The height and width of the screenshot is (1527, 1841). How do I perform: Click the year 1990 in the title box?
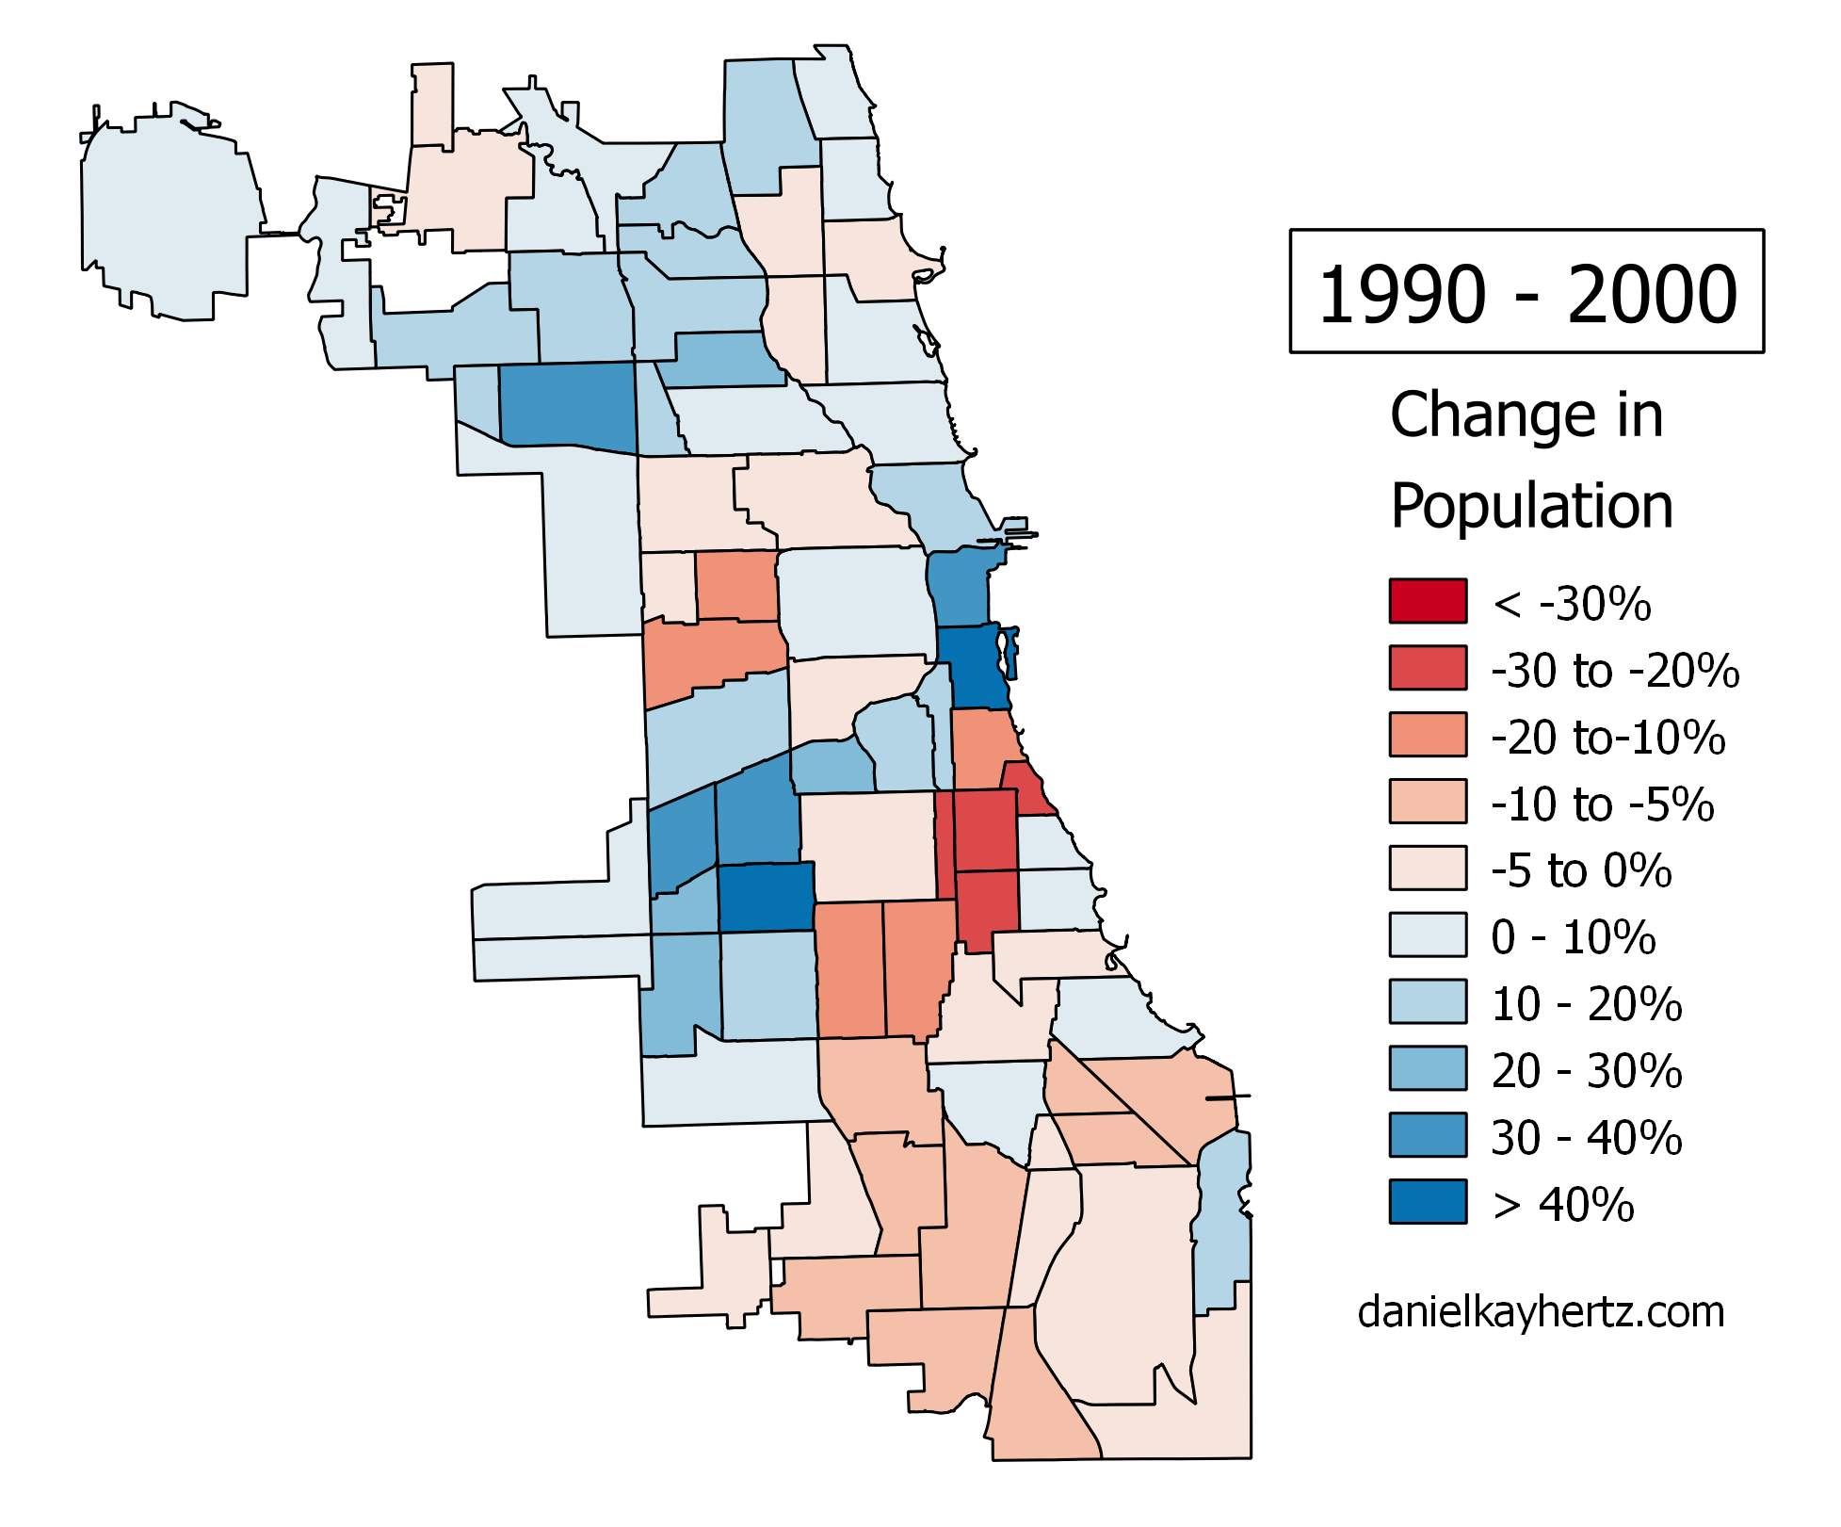coord(1401,295)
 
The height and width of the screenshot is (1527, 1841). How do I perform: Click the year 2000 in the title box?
coord(1652,295)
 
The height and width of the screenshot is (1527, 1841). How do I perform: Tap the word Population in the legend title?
coord(1531,506)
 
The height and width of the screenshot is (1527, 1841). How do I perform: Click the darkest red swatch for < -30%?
coord(1428,601)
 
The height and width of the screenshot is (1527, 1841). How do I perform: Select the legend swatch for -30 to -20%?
coord(1428,668)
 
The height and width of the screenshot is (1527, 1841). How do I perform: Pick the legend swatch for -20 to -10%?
coord(1428,735)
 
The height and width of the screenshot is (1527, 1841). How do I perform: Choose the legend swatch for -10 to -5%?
coord(1428,802)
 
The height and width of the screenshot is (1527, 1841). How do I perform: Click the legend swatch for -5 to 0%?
coord(1428,869)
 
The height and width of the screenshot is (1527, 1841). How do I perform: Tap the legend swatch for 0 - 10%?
coord(1428,935)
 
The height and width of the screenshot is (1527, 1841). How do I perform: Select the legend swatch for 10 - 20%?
coord(1428,1001)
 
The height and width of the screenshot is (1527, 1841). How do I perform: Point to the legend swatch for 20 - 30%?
coord(1428,1068)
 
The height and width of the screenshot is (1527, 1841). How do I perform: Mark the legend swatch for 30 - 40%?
coord(1428,1135)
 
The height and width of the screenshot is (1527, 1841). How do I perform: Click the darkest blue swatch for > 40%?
coord(1428,1202)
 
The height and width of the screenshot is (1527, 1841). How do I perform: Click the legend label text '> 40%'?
coord(1563,1205)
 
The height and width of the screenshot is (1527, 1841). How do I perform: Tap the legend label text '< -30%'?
coord(1571,604)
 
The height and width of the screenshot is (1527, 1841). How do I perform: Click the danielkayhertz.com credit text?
coord(1541,1312)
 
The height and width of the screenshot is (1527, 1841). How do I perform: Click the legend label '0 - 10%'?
coord(1573,938)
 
